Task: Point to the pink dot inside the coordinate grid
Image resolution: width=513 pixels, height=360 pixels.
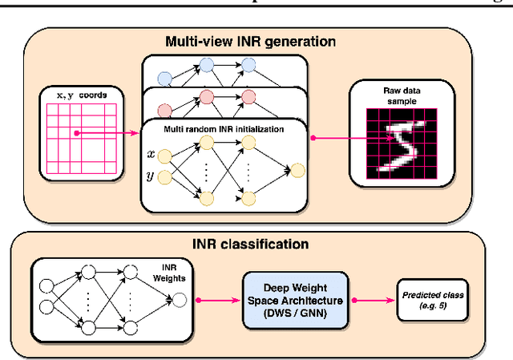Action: pyautogui.click(x=76, y=133)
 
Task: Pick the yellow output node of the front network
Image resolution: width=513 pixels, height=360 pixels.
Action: pyautogui.click(x=298, y=170)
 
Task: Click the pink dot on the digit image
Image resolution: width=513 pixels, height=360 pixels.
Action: pyautogui.click(x=392, y=137)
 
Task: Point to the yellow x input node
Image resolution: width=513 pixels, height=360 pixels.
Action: pyautogui.click(x=166, y=154)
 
